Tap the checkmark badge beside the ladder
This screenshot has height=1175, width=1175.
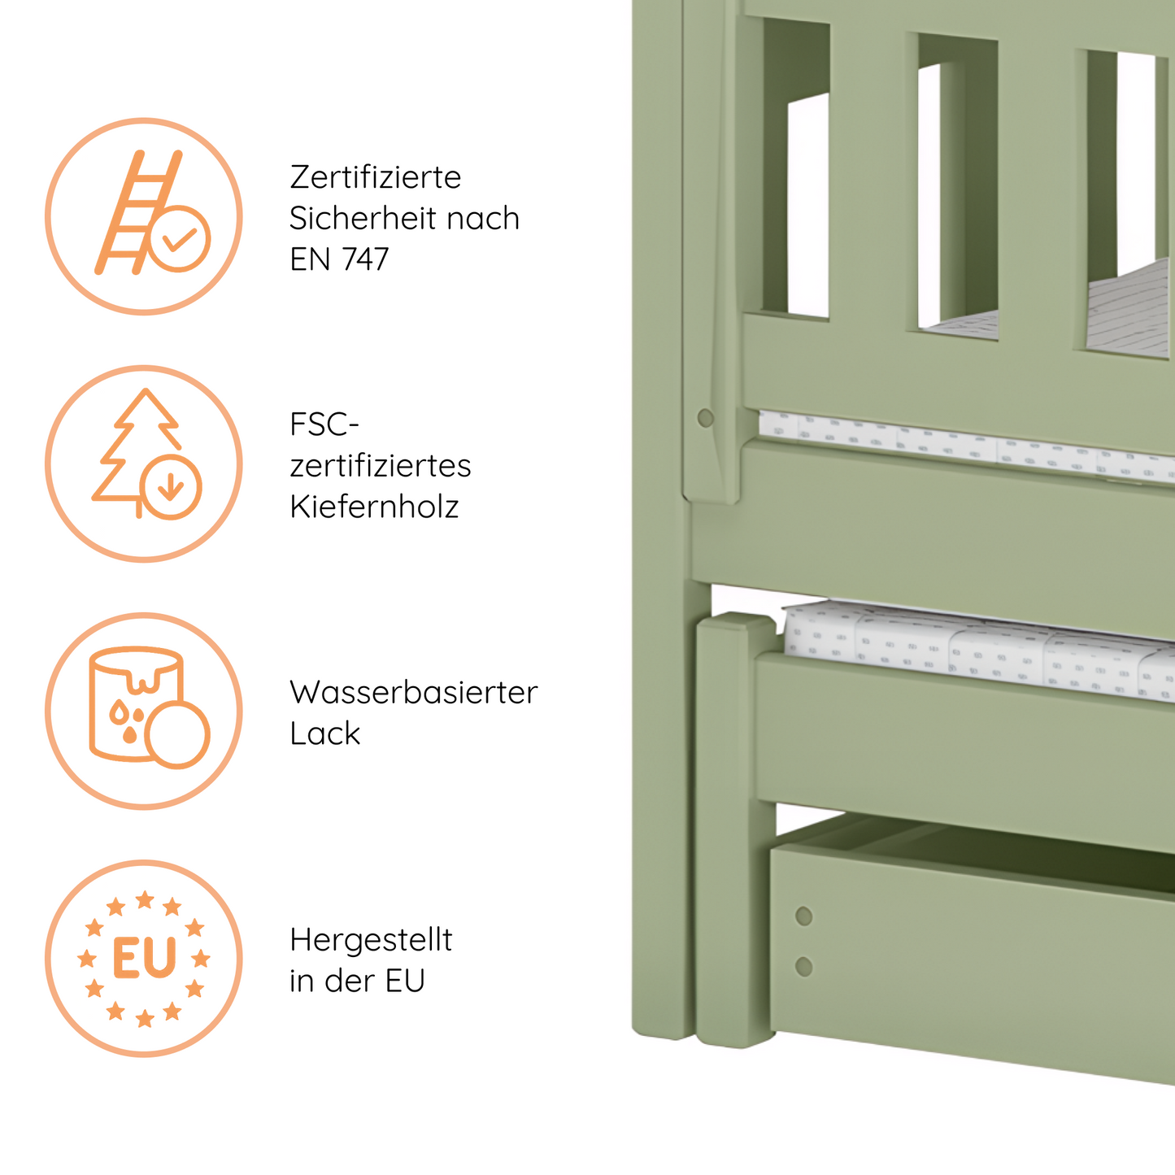click(x=179, y=238)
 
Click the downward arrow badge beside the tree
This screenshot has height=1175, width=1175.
click(x=170, y=487)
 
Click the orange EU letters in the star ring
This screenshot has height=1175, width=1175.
click(x=144, y=959)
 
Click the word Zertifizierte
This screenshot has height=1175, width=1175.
click(x=375, y=177)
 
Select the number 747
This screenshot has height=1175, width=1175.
click(x=365, y=259)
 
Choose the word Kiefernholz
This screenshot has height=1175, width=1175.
click(x=374, y=507)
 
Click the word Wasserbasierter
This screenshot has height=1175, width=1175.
click(x=413, y=693)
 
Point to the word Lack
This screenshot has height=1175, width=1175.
click(x=324, y=733)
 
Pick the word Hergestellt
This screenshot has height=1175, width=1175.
click(x=371, y=940)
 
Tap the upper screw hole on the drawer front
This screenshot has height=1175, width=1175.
click(x=803, y=916)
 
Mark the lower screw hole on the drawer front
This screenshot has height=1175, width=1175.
click(x=803, y=967)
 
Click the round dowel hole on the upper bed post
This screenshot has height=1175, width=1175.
click(x=705, y=418)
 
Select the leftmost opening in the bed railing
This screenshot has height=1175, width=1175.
click(x=797, y=203)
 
